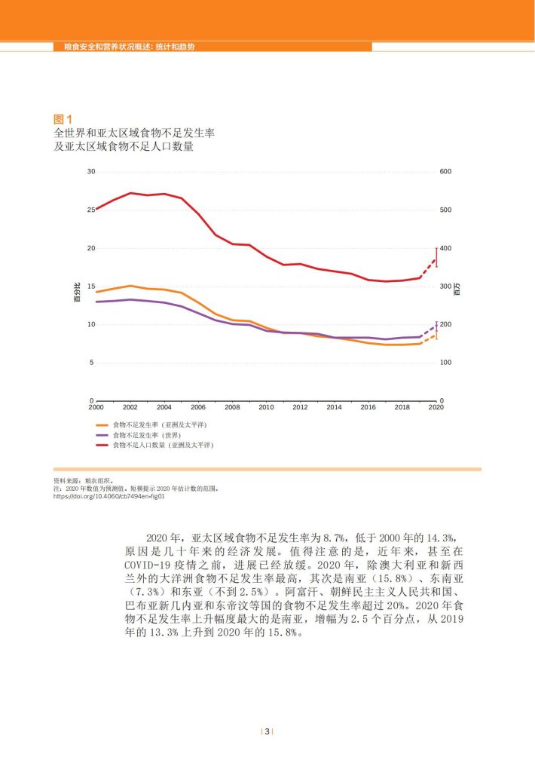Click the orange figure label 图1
63,119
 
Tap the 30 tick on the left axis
91,171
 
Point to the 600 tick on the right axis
445,171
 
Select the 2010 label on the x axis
266,407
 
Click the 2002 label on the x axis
130,407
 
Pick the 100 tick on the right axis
445,363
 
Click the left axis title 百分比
77,292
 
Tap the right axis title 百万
458,289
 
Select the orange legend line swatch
102,425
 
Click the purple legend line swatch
102,436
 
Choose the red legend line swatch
102,445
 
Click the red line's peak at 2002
130,193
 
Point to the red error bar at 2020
436,257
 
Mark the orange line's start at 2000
96,292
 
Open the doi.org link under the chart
109,496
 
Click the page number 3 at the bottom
267,731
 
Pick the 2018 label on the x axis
402,407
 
